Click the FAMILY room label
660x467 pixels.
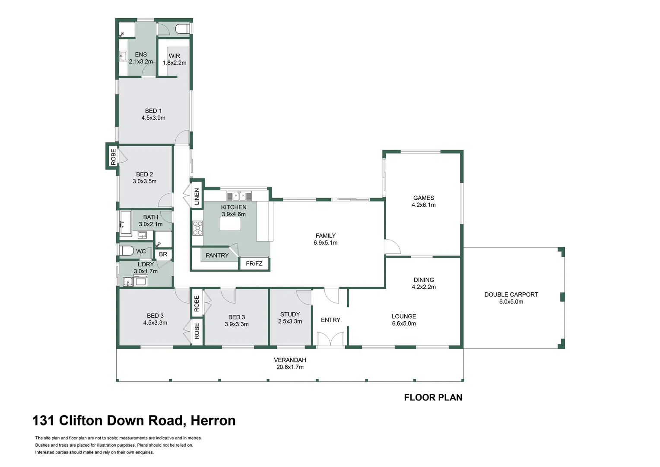coord(325,236)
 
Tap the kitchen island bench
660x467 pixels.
coord(230,224)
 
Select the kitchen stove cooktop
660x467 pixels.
coord(198,228)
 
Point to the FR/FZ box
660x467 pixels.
coord(254,263)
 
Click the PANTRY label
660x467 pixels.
coord(217,256)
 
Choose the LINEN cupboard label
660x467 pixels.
coord(197,197)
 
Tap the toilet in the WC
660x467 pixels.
coord(126,251)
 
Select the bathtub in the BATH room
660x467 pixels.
coord(126,222)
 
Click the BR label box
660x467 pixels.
coord(163,254)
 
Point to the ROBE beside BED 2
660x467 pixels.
coord(113,157)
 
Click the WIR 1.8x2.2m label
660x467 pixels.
coord(174,59)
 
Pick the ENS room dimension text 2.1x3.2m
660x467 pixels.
coord(141,62)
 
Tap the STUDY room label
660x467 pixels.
coord(290,314)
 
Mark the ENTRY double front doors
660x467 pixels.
coord(330,340)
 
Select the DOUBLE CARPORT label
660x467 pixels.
coord(511,294)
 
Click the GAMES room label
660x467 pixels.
coord(423,198)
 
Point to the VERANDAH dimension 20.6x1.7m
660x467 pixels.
coord(290,367)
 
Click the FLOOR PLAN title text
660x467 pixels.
coord(433,397)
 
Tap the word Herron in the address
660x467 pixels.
coord(213,420)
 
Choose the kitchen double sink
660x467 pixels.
coord(239,196)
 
